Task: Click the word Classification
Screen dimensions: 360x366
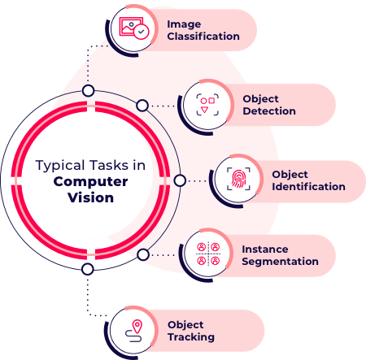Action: [x=203, y=36]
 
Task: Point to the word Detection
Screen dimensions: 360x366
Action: [x=268, y=111]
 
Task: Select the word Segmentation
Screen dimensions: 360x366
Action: [x=280, y=262]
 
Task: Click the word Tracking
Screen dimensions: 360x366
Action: [x=191, y=336]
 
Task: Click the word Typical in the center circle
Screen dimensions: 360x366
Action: [x=59, y=165]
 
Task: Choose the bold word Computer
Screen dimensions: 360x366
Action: [x=91, y=180]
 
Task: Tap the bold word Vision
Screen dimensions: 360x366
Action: [x=91, y=197]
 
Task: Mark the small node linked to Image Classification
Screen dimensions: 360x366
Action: [x=88, y=90]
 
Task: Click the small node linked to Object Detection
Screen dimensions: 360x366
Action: [x=142, y=105]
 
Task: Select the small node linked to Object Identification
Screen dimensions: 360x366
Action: [x=180, y=180]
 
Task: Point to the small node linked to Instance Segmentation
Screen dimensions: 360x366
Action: [x=142, y=255]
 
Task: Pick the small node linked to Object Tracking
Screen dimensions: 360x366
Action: [x=88, y=270]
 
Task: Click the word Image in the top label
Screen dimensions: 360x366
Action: [x=184, y=24]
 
